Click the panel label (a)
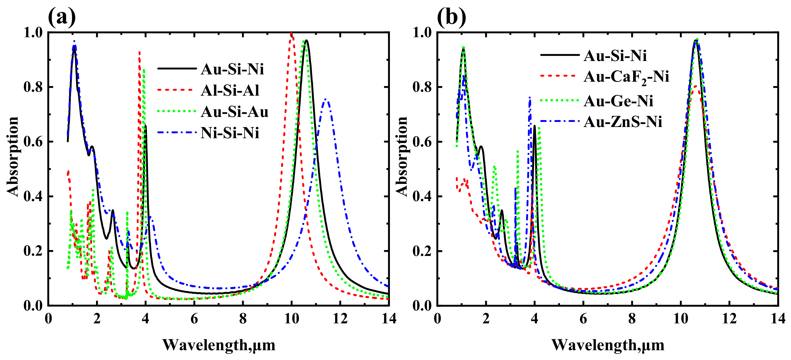62,17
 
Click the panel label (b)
451,17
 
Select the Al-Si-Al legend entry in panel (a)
230,91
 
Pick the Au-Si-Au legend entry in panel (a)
234,112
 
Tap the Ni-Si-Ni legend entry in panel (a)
230,133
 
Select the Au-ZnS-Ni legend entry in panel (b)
622,122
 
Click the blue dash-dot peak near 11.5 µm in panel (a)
326,100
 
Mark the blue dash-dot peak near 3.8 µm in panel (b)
530,98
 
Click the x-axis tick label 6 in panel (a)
194,319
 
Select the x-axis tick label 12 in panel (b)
729,319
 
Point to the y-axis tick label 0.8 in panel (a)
33,87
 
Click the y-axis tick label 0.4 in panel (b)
422,196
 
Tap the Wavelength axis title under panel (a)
219,345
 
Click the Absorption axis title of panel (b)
402,157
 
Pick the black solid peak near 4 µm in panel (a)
146,126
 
